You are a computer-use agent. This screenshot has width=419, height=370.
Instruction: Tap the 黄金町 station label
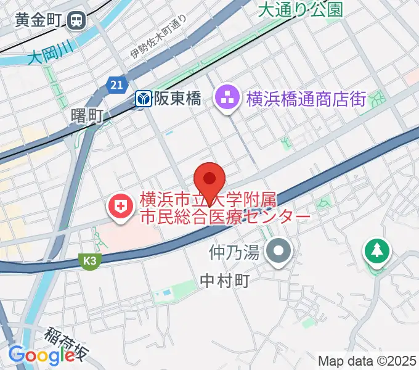click(38, 20)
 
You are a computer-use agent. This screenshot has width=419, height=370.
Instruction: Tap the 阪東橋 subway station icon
click(144, 98)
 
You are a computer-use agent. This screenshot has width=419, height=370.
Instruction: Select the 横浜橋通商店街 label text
click(306, 98)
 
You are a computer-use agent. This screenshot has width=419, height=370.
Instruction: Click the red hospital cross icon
click(120, 207)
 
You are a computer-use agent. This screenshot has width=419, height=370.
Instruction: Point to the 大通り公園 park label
click(300, 9)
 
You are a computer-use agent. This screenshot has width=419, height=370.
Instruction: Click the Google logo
click(41, 355)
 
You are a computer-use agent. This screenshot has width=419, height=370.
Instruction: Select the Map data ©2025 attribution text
click(367, 361)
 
